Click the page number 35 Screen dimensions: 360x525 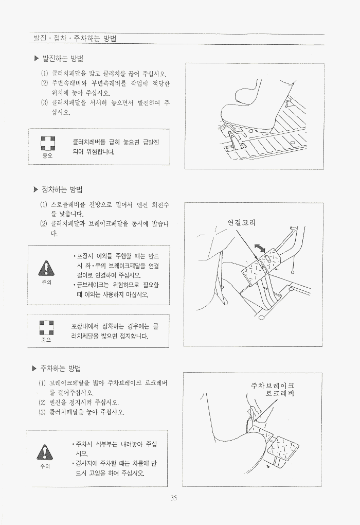tap(173, 498)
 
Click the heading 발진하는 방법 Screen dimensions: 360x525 tap(63, 59)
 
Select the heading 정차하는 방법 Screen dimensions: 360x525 tap(62, 190)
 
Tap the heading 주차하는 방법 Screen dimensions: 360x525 tap(61, 369)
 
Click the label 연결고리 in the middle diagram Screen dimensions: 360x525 tap(242, 222)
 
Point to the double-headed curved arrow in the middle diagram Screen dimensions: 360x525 tap(260, 249)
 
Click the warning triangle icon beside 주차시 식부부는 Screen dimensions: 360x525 tap(45, 452)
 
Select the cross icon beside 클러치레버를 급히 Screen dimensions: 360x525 tap(48, 144)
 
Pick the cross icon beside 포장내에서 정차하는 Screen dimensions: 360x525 tap(46, 327)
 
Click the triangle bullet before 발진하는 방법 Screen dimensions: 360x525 tap(37, 59)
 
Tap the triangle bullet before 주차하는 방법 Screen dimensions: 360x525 tap(34, 369)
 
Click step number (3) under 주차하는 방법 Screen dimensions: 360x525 tap(42, 412)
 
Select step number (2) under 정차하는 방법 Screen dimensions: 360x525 tap(44, 224)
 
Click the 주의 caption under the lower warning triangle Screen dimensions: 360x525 tap(45, 466)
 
